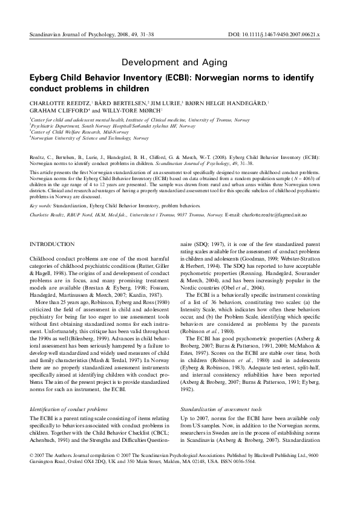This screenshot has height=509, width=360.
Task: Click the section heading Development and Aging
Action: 174,62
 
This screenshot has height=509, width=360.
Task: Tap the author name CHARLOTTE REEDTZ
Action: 58,104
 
